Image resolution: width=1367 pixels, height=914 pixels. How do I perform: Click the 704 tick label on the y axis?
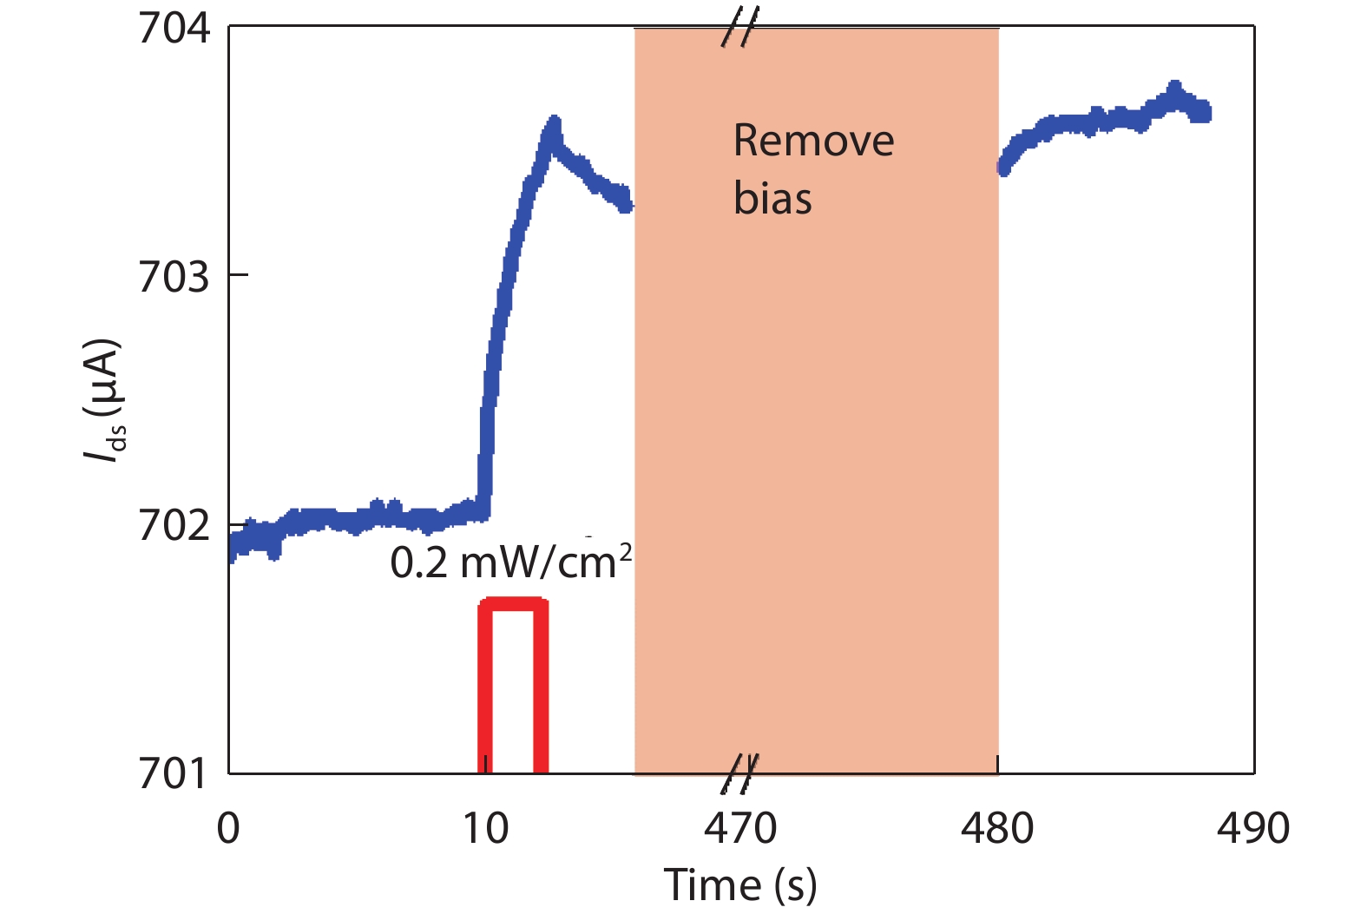tap(174, 29)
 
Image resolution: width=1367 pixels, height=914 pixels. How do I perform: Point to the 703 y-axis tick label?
tap(174, 277)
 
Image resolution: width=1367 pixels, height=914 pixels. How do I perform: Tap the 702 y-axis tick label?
tap(174, 526)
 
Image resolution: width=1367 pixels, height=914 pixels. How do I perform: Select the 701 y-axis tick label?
tap(174, 773)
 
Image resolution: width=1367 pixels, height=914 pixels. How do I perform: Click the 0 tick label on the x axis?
tap(228, 829)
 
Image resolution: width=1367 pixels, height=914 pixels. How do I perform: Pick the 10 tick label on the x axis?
tap(484, 829)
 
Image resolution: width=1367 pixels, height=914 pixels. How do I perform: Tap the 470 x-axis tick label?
tap(739, 829)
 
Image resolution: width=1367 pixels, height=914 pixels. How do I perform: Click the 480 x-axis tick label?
tap(996, 829)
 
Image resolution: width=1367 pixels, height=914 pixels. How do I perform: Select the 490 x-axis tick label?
tap(1252, 829)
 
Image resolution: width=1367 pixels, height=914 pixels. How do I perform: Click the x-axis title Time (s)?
tap(739, 885)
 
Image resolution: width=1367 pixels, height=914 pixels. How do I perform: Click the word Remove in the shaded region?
tap(813, 141)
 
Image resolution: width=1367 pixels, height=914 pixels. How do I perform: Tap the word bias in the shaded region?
tap(772, 198)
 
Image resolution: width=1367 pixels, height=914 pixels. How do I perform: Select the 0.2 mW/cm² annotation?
tap(510, 562)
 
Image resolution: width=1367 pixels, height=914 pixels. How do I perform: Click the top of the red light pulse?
tap(513, 603)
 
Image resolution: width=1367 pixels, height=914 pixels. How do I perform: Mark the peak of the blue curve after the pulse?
tap(552, 123)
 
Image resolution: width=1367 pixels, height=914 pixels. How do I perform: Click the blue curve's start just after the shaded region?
tap(1004, 168)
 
